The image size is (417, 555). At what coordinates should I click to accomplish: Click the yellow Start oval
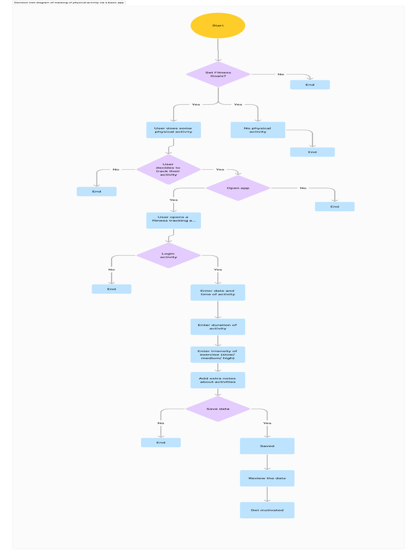click(x=218, y=25)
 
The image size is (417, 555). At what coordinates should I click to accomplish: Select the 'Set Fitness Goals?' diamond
click(x=218, y=74)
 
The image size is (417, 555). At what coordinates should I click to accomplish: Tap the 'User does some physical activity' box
click(x=173, y=130)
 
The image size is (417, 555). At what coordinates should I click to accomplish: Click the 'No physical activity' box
click(x=257, y=130)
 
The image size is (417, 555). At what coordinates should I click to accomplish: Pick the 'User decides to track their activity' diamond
click(x=168, y=170)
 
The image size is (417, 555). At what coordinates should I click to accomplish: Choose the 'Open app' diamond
click(x=238, y=188)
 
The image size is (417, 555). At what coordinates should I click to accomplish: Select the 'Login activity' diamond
click(x=168, y=255)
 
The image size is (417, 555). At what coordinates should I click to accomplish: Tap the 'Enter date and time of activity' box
click(x=218, y=293)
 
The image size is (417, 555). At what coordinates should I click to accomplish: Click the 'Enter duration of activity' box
click(x=218, y=327)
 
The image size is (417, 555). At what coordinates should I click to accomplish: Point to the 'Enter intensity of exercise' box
click(x=218, y=354)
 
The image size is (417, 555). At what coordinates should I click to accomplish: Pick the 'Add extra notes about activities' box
click(x=218, y=380)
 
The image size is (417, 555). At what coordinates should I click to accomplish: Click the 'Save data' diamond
click(x=218, y=409)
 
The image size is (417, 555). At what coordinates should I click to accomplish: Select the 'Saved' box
click(x=267, y=446)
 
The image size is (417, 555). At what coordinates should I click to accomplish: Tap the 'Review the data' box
click(x=267, y=478)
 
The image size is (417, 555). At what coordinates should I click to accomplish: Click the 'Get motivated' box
click(x=267, y=510)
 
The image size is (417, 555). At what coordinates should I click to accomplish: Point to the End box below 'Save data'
click(x=161, y=443)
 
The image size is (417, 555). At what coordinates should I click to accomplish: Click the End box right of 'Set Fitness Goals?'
click(x=309, y=85)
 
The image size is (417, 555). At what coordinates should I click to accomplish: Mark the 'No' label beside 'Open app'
click(x=303, y=188)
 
